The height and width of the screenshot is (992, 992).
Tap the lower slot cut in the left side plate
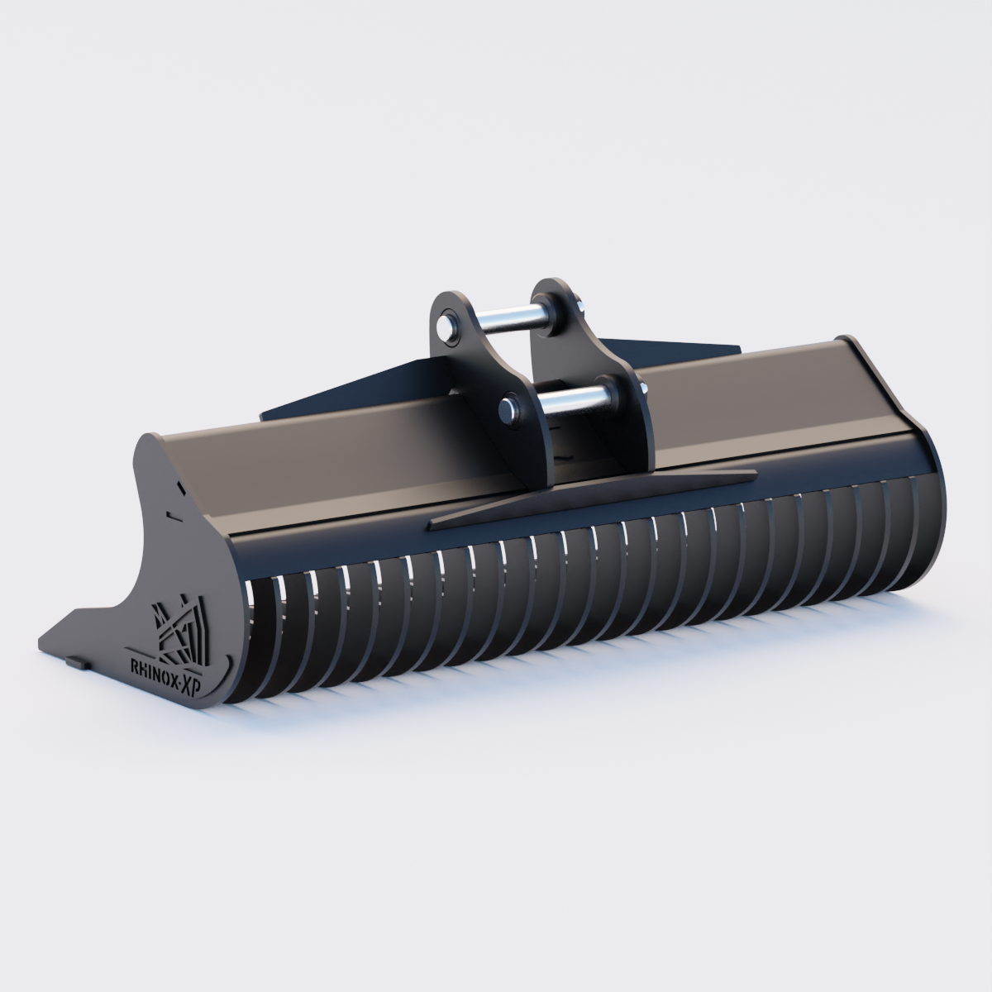pyautogui.click(x=171, y=516)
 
